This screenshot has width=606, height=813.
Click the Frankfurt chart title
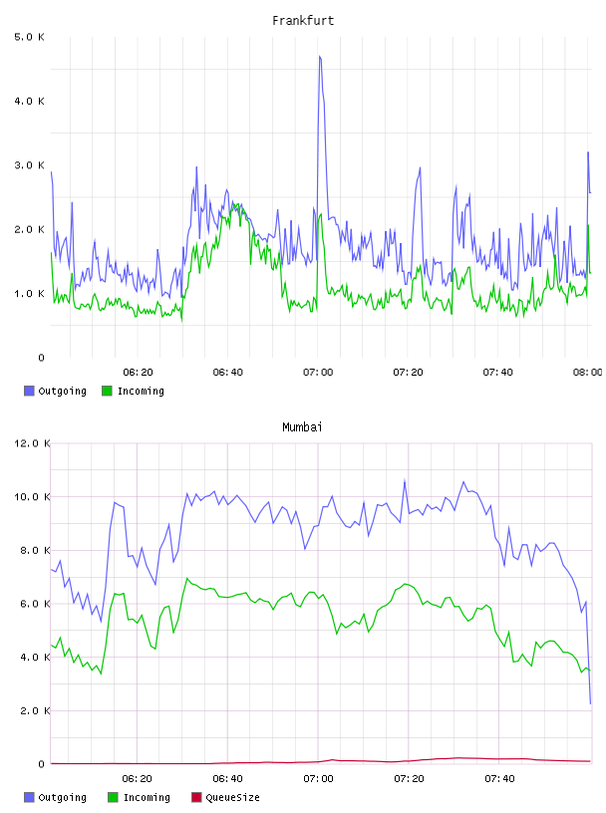(303, 21)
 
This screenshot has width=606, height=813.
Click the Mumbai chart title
(302, 427)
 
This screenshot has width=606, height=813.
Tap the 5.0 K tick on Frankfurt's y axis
(30, 37)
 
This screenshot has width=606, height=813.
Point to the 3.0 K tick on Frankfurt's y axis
(30, 165)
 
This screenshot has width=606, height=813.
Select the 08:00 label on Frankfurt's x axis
(587, 373)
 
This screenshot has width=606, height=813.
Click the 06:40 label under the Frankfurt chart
(228, 373)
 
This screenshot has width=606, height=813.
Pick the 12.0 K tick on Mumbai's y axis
(32, 443)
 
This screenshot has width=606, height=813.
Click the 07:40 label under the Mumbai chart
(499, 779)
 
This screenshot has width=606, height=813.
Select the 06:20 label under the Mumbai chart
(137, 779)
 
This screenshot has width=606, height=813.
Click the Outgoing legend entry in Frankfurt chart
(56, 391)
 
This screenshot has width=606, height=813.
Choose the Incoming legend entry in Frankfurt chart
(134, 391)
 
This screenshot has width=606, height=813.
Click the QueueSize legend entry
(225, 797)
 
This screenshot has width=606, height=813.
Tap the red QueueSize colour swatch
(196, 797)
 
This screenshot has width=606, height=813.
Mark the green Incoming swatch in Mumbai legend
(113, 797)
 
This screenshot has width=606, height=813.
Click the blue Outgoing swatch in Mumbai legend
(29, 797)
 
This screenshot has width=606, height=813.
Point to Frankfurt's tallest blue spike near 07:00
(320, 57)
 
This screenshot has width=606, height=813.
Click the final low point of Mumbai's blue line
(590, 703)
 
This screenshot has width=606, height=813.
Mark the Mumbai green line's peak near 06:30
(187, 579)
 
